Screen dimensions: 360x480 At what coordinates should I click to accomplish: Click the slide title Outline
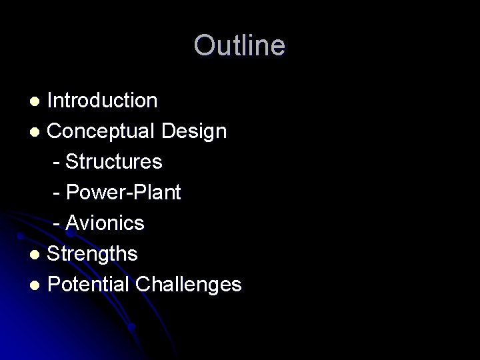pyautogui.click(x=239, y=45)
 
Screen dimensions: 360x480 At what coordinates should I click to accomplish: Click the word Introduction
pyautogui.click(x=103, y=101)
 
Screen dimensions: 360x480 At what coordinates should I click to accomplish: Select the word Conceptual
pyautogui.click(x=102, y=131)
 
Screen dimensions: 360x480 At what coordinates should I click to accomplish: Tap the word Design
pyautogui.click(x=194, y=131)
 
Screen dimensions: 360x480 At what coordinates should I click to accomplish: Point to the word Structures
pyautogui.click(x=114, y=162)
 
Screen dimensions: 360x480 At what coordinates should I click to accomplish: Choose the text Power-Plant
pyautogui.click(x=123, y=193)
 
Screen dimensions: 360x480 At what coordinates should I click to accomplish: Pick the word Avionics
pyautogui.click(x=105, y=223)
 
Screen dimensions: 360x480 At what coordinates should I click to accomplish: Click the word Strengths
pyautogui.click(x=93, y=254)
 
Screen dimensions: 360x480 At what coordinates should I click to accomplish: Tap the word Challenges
pyautogui.click(x=189, y=285)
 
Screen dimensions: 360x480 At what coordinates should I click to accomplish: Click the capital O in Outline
pyautogui.click(x=203, y=45)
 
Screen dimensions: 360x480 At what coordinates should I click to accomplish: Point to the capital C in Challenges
pyautogui.click(x=143, y=285)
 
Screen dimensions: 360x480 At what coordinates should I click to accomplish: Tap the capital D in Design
pyautogui.click(x=169, y=131)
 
